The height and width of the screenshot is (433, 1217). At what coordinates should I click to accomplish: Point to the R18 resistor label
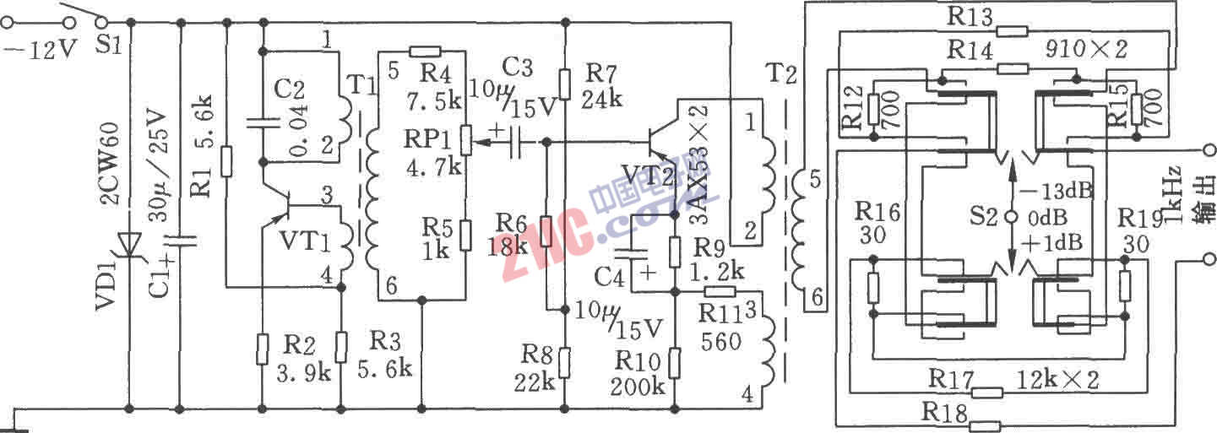944,413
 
